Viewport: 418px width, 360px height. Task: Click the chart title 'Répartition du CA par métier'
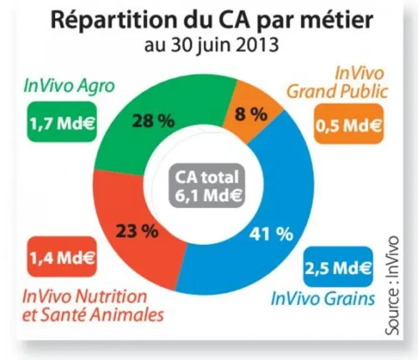point(212,19)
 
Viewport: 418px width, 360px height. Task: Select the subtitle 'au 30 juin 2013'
point(212,44)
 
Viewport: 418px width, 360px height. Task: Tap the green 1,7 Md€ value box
point(62,122)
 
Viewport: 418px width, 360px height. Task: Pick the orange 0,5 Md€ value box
point(349,124)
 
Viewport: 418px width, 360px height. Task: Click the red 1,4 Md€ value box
point(62,257)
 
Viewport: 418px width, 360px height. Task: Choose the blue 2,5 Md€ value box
point(338,266)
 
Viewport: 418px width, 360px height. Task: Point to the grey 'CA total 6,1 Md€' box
point(207,186)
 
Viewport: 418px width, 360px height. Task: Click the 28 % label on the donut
point(153,121)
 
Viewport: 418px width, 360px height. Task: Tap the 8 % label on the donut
point(250,114)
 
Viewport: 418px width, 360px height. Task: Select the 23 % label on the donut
point(137,231)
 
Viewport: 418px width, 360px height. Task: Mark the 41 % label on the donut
point(271,234)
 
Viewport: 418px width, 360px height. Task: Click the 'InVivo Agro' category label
point(69,86)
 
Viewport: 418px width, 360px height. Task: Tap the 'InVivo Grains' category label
point(322,298)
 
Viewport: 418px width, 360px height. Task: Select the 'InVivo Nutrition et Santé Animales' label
point(93,305)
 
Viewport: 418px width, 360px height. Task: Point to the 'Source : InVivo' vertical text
point(392,285)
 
